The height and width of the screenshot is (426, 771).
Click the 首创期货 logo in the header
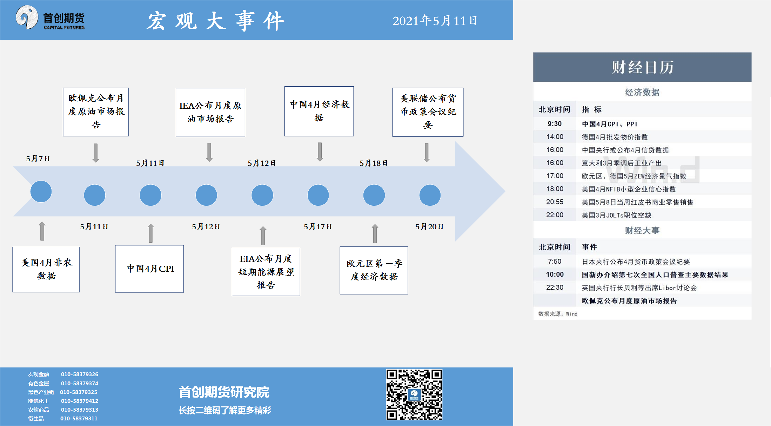click(x=50, y=18)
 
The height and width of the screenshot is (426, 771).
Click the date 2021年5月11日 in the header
click(x=435, y=21)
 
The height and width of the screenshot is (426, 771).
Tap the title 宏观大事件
click(x=215, y=21)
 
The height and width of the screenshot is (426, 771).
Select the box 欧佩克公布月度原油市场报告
click(x=96, y=112)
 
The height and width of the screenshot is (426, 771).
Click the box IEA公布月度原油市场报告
click(x=210, y=112)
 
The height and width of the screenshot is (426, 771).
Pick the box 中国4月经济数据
click(x=319, y=111)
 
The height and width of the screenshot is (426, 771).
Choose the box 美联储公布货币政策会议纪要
click(x=428, y=112)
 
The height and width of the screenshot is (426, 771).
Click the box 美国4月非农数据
click(x=46, y=269)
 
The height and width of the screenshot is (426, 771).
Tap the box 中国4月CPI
click(x=149, y=269)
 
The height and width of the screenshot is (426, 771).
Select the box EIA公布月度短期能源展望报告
click(x=266, y=272)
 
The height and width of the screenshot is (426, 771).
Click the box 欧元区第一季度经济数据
click(x=374, y=270)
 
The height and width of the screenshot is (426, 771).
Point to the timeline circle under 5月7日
click(x=41, y=191)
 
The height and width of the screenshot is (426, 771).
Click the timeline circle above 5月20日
click(x=430, y=195)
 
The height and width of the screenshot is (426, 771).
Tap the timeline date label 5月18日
click(x=374, y=163)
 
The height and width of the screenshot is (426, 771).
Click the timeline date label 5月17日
click(x=318, y=226)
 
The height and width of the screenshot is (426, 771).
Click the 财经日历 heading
click(x=643, y=67)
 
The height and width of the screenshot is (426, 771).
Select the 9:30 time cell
click(x=555, y=124)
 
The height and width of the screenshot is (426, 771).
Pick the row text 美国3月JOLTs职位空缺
click(x=617, y=215)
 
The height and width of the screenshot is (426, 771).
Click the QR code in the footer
click(x=414, y=394)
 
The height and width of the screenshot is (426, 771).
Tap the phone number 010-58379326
click(x=80, y=374)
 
